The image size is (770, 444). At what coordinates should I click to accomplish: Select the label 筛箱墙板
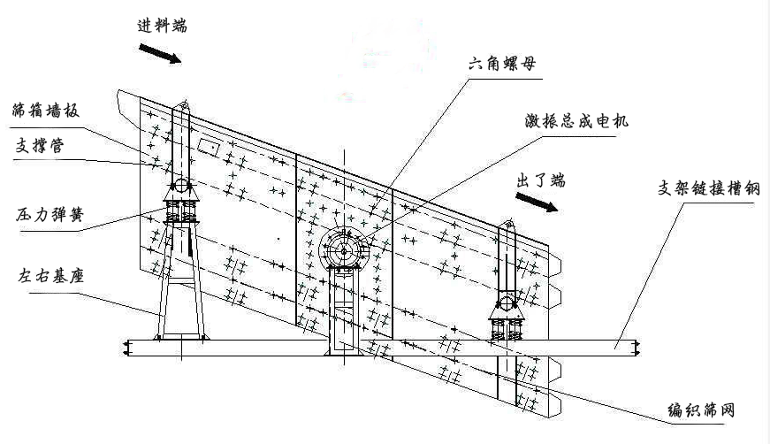pyautogui.click(x=46, y=111)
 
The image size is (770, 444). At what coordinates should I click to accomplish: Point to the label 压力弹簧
pyautogui.click(x=46, y=214)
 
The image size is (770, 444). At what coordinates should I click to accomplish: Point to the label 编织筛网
pyautogui.click(x=702, y=410)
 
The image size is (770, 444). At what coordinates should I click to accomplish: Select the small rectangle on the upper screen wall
pyautogui.click(x=210, y=143)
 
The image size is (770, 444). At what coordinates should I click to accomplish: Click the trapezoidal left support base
pyautogui.click(x=180, y=292)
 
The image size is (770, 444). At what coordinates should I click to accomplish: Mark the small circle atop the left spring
pyautogui.click(x=179, y=186)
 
